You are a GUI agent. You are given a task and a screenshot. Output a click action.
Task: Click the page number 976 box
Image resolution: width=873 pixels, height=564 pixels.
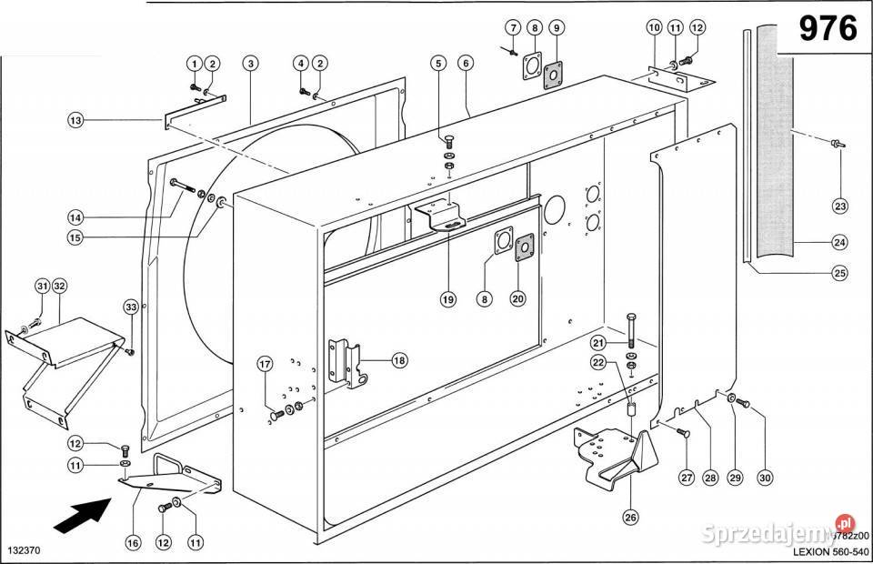828,29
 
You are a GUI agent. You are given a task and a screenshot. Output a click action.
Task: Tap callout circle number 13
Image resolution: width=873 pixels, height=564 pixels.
75,120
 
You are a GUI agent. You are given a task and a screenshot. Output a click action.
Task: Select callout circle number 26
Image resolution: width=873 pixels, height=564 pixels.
630,518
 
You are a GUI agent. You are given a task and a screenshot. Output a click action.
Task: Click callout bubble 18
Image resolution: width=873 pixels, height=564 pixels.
399,360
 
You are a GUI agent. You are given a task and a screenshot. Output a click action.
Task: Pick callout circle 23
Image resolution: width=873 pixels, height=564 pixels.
839,206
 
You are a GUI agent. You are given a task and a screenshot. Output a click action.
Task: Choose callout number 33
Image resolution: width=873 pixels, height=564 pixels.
130,308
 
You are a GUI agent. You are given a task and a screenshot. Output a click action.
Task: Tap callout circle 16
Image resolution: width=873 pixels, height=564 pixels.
132,543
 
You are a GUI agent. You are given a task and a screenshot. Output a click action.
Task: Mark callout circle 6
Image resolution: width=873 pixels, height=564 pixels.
466,64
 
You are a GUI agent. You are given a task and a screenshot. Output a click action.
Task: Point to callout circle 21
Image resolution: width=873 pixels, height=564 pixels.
597,342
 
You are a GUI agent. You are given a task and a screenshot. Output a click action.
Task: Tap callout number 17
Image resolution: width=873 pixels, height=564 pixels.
265,366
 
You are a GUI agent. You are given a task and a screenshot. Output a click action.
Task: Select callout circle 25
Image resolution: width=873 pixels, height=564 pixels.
839,273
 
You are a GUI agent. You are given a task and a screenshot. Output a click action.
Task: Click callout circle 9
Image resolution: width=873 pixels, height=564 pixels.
557,28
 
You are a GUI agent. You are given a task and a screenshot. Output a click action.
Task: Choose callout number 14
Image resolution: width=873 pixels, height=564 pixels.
75,217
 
